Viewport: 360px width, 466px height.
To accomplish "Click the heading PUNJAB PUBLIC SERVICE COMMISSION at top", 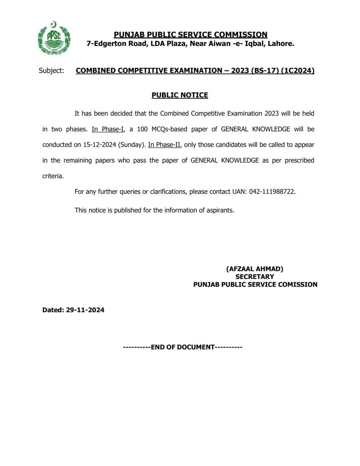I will (x=190, y=35).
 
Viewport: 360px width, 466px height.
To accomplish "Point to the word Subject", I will (x=52, y=71).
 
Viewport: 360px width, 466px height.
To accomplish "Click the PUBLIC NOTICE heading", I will (x=179, y=95).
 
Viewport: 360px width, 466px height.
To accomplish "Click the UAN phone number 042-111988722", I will (x=272, y=192).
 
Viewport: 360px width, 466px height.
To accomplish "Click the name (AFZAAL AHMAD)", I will (x=254, y=269).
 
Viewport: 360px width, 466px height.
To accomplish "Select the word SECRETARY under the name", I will (x=254, y=277).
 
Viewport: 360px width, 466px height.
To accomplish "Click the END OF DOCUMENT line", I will (x=183, y=347).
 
